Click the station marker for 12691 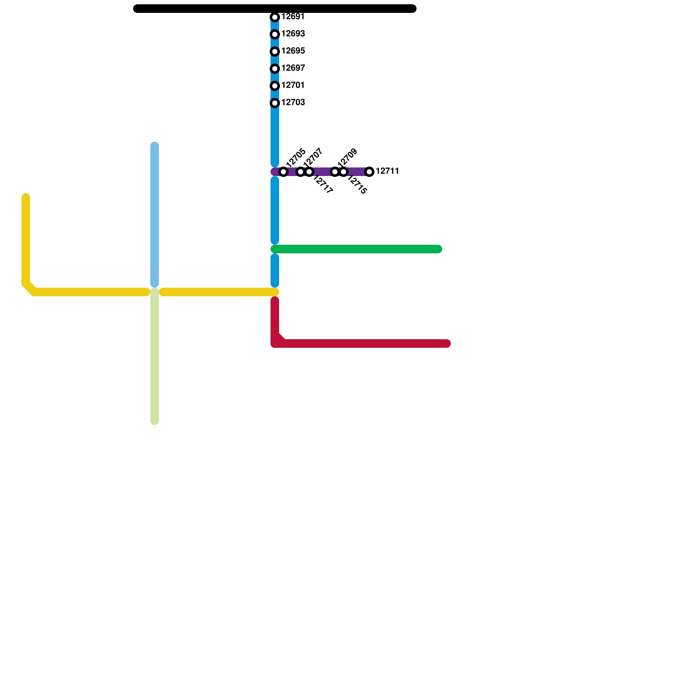coord(275,17)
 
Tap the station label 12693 coord(293,34)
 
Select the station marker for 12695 coord(275,52)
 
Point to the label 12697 coord(293,68)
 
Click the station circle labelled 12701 coord(275,86)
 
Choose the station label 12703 coord(293,103)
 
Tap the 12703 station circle coord(275,103)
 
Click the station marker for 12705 coord(283,172)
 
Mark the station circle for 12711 coord(369,172)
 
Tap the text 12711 coord(387,171)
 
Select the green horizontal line coord(356,249)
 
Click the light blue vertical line coord(155,215)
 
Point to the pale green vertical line coord(155,356)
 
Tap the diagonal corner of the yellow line coord(29,288)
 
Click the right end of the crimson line coord(447,343)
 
